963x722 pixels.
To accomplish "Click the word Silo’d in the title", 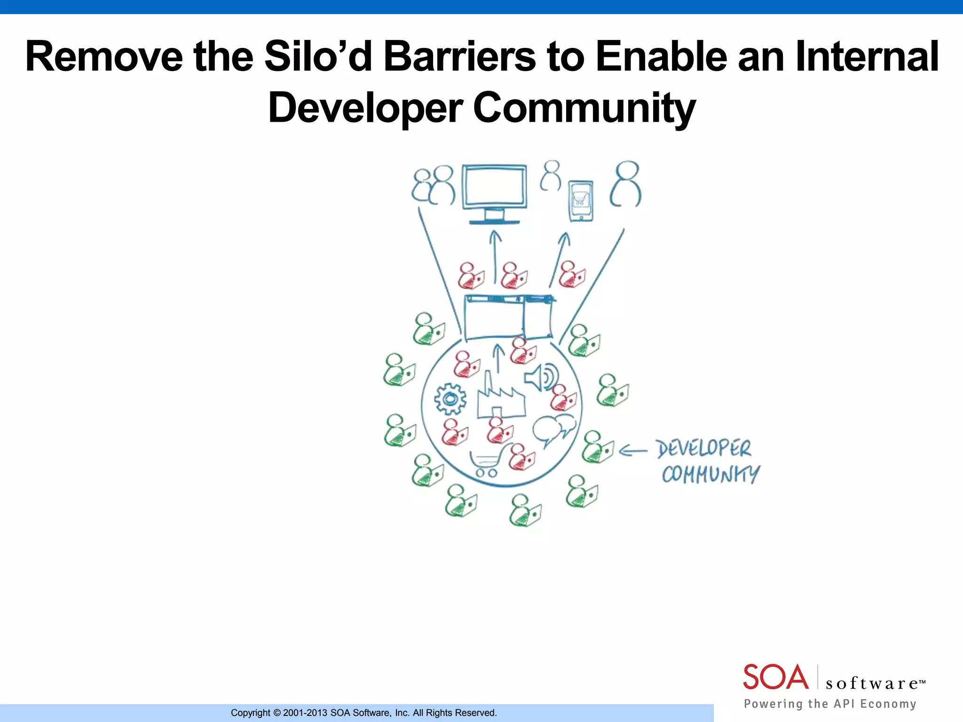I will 318,56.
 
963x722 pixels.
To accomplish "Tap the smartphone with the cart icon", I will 581,201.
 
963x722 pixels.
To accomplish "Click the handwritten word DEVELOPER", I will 703,448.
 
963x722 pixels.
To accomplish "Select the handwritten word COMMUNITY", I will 710,474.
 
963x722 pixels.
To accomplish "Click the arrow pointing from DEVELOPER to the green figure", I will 633,451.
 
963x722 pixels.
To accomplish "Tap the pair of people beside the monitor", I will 434,185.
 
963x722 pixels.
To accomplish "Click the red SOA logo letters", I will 775,677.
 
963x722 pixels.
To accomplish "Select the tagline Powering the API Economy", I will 830,704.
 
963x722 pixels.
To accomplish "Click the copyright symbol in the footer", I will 277,713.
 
